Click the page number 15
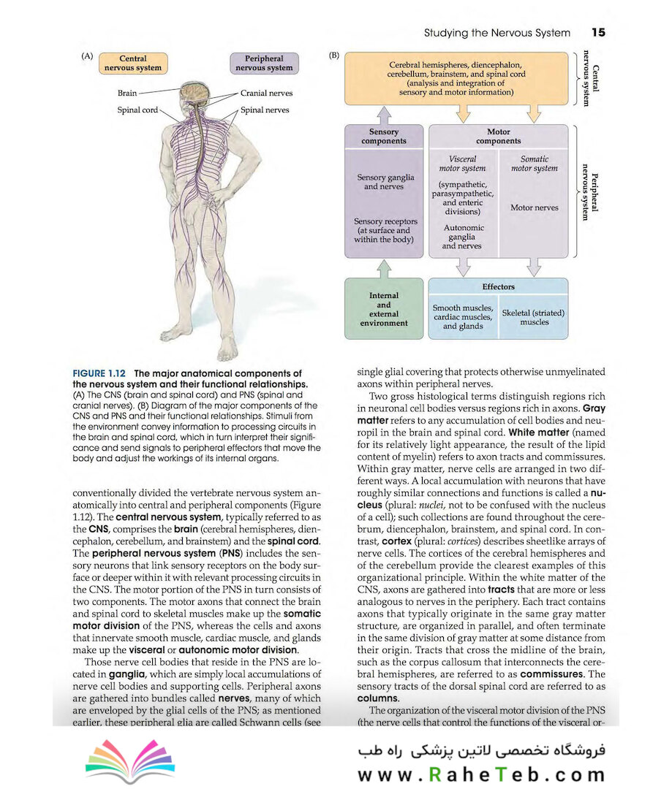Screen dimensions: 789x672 (598, 33)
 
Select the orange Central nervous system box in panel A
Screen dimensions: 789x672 (132, 64)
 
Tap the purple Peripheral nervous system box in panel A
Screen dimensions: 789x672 (264, 64)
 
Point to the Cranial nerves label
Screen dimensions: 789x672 (266, 94)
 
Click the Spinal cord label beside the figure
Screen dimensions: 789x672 (137, 110)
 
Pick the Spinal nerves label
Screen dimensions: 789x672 (265, 110)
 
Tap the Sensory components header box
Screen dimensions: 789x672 (383, 137)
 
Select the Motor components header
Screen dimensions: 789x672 (498, 137)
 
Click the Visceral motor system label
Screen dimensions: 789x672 (462, 164)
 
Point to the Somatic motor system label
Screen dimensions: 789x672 (534, 164)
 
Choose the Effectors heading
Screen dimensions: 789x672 (498, 287)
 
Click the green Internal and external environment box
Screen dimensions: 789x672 (383, 310)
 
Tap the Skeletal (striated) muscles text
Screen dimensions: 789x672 (534, 317)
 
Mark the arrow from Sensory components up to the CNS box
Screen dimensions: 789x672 (383, 115)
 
